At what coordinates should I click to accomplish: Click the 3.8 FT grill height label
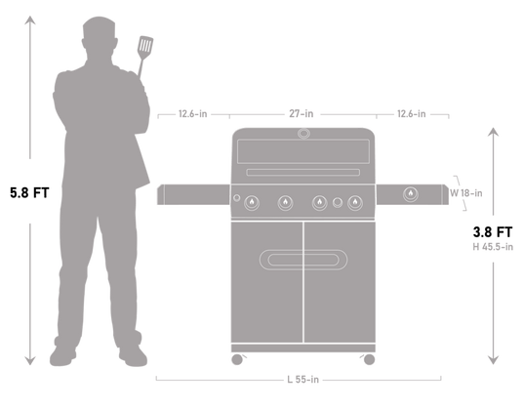click(494, 233)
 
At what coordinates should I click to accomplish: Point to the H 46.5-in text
click(494, 248)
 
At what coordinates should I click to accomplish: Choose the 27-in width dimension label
click(302, 114)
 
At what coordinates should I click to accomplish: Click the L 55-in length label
click(303, 379)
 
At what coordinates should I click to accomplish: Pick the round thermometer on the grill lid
click(302, 137)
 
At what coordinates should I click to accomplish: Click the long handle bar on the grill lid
click(302, 173)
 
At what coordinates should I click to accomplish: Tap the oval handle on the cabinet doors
click(302, 258)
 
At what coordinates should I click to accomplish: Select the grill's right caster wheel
click(370, 360)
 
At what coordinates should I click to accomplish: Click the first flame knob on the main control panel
click(254, 202)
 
